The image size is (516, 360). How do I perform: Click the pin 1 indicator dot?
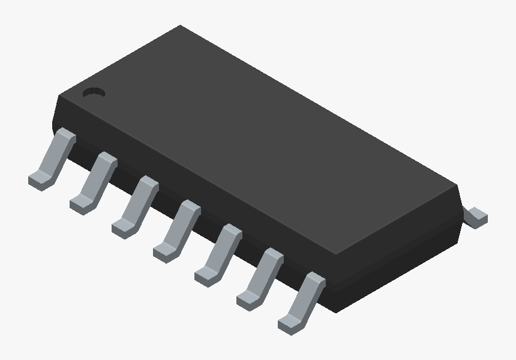[x=94, y=92]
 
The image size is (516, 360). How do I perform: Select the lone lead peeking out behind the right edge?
[x=477, y=216]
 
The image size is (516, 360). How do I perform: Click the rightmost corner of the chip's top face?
[x=457, y=185]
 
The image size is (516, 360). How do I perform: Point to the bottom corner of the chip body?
[x=336, y=311]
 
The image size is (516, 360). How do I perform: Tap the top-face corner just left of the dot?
[x=58, y=96]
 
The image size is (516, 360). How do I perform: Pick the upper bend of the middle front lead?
[x=189, y=207]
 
